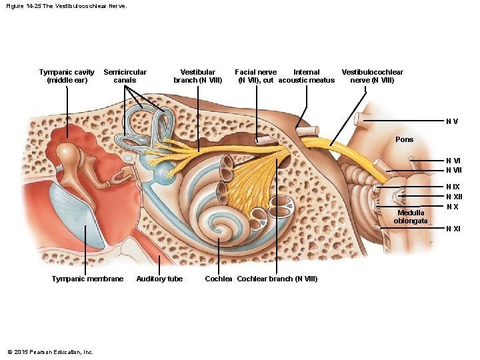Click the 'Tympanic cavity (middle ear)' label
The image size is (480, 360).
tap(67, 76)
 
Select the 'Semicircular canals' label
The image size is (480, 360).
tap(125, 76)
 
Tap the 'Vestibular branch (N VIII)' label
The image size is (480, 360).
tap(197, 76)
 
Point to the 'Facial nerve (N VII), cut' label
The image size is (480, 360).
tap(255, 76)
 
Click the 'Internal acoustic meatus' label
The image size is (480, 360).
tap(306, 76)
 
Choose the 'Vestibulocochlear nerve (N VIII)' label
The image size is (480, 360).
tap(372, 76)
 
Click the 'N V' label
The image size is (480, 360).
tap(452, 121)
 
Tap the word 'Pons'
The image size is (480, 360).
tap(404, 140)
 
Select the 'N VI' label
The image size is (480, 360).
tap(453, 161)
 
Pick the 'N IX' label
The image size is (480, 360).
tap(453, 187)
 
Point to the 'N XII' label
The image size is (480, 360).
tap(454, 197)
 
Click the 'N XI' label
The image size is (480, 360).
tap(453, 229)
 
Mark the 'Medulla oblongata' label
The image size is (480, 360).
tap(411, 217)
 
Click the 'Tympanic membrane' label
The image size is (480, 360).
tap(87, 279)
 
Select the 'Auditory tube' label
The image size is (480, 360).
tap(159, 279)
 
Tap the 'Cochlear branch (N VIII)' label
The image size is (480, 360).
tap(277, 279)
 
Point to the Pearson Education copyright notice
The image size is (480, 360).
tap(50, 352)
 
